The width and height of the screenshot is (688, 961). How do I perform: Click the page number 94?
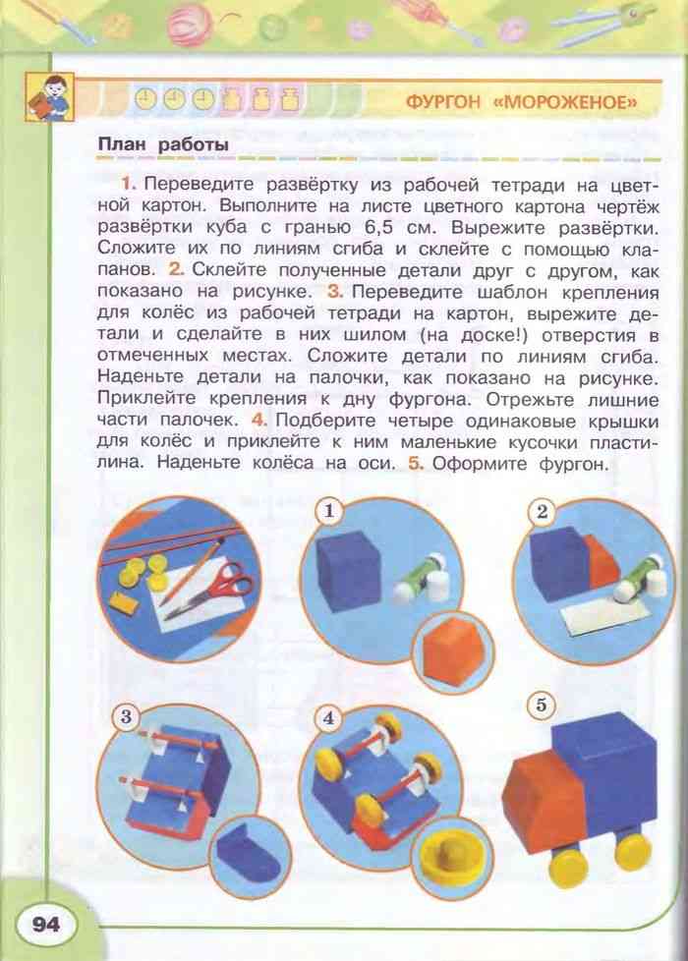pyautogui.click(x=45, y=924)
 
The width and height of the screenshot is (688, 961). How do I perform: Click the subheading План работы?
pyautogui.click(x=163, y=145)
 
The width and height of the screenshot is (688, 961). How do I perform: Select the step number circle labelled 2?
pyautogui.click(x=541, y=510)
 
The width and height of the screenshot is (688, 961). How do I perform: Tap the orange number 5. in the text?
pyautogui.click(x=416, y=464)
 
